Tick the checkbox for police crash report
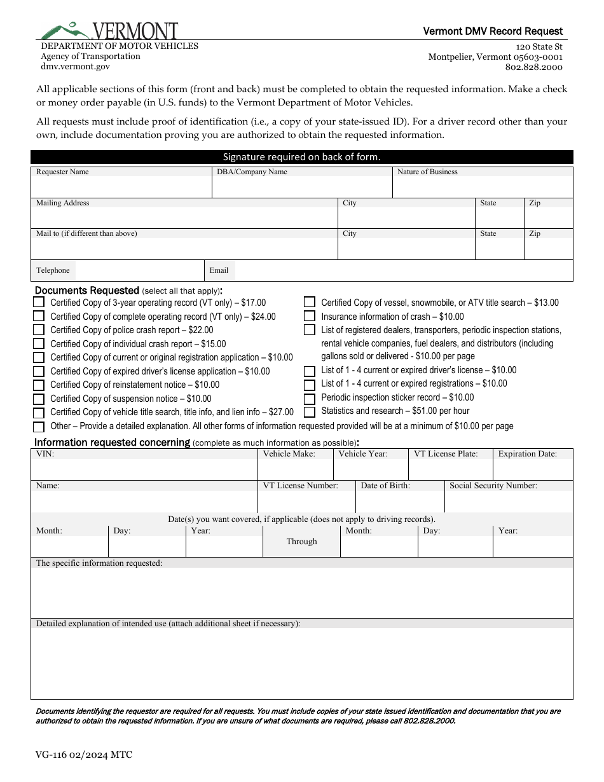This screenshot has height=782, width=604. click(39, 330)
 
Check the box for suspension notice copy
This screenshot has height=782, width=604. click(39, 399)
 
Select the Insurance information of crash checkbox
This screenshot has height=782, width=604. click(310, 316)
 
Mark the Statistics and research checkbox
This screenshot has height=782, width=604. click(310, 411)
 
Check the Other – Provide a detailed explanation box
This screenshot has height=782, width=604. click(39, 427)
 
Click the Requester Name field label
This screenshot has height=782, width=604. click(62, 172)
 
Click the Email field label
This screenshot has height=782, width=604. click(219, 270)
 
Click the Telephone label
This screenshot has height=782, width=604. click(53, 270)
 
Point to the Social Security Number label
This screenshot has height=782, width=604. click(493, 486)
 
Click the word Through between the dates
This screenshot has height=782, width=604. click(301, 542)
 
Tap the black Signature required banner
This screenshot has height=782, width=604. click(301, 157)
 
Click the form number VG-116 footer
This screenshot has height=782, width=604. click(84, 755)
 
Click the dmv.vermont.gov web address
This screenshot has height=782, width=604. click(75, 66)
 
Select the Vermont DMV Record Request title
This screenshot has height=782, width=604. click(493, 31)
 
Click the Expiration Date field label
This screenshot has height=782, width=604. click(527, 454)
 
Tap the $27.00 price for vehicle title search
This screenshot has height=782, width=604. click(281, 413)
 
